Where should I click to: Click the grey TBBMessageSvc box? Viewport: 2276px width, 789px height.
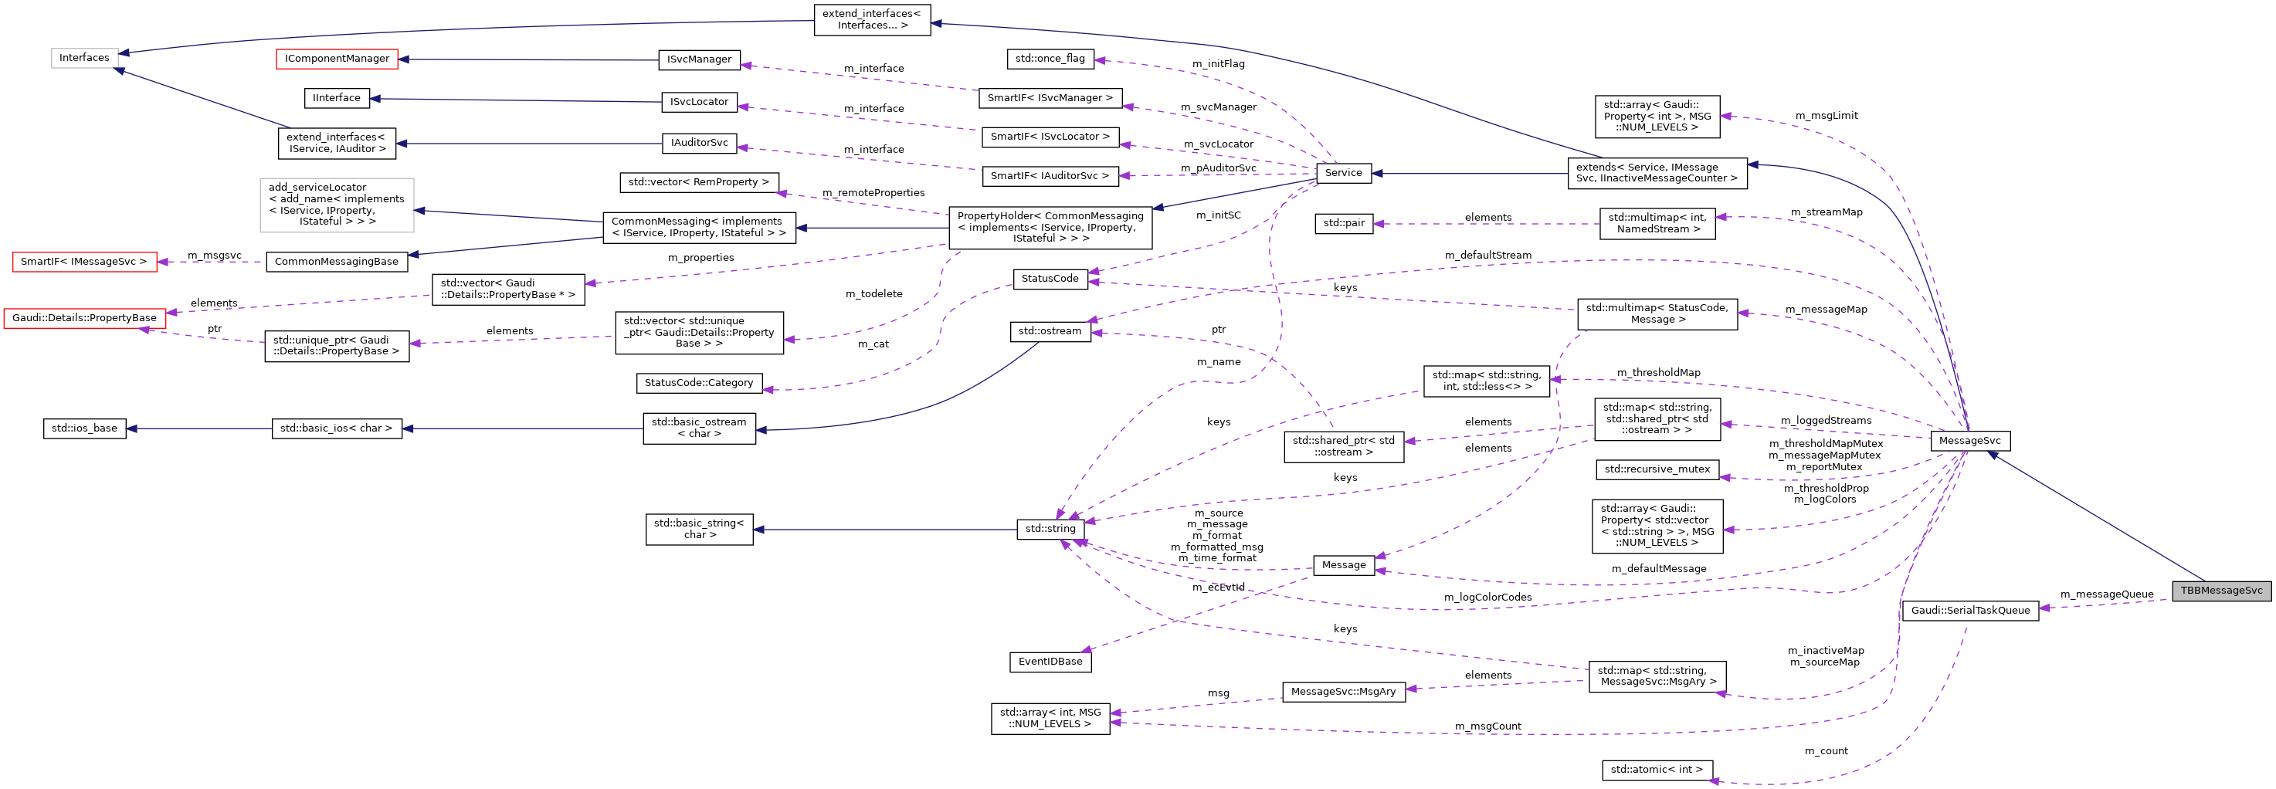(2220, 591)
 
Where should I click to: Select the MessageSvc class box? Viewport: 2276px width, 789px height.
(1969, 441)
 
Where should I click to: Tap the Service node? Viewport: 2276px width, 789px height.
(1343, 173)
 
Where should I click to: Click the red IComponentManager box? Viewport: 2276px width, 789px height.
(337, 59)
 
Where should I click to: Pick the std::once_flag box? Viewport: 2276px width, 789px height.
(1050, 59)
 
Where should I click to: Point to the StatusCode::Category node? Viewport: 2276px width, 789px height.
(699, 384)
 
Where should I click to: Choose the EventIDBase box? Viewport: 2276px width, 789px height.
(1050, 662)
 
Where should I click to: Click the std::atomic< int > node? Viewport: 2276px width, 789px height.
(1656, 770)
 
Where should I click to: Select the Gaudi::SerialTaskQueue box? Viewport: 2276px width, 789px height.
(1969, 611)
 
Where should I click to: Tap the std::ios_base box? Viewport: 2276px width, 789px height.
(84, 428)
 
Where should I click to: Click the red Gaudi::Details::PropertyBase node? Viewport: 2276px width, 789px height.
(84, 318)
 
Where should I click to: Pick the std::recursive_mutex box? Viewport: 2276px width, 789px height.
(1657, 469)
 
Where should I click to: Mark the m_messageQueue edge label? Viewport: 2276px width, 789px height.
(2106, 594)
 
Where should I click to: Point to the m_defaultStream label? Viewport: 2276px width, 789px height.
(1488, 256)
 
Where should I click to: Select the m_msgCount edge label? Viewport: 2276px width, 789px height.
(1488, 726)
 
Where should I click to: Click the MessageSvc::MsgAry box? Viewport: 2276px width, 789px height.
(1343, 692)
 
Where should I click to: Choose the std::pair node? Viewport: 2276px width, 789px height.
(1343, 224)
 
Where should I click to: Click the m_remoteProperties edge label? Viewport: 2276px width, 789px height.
(873, 192)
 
